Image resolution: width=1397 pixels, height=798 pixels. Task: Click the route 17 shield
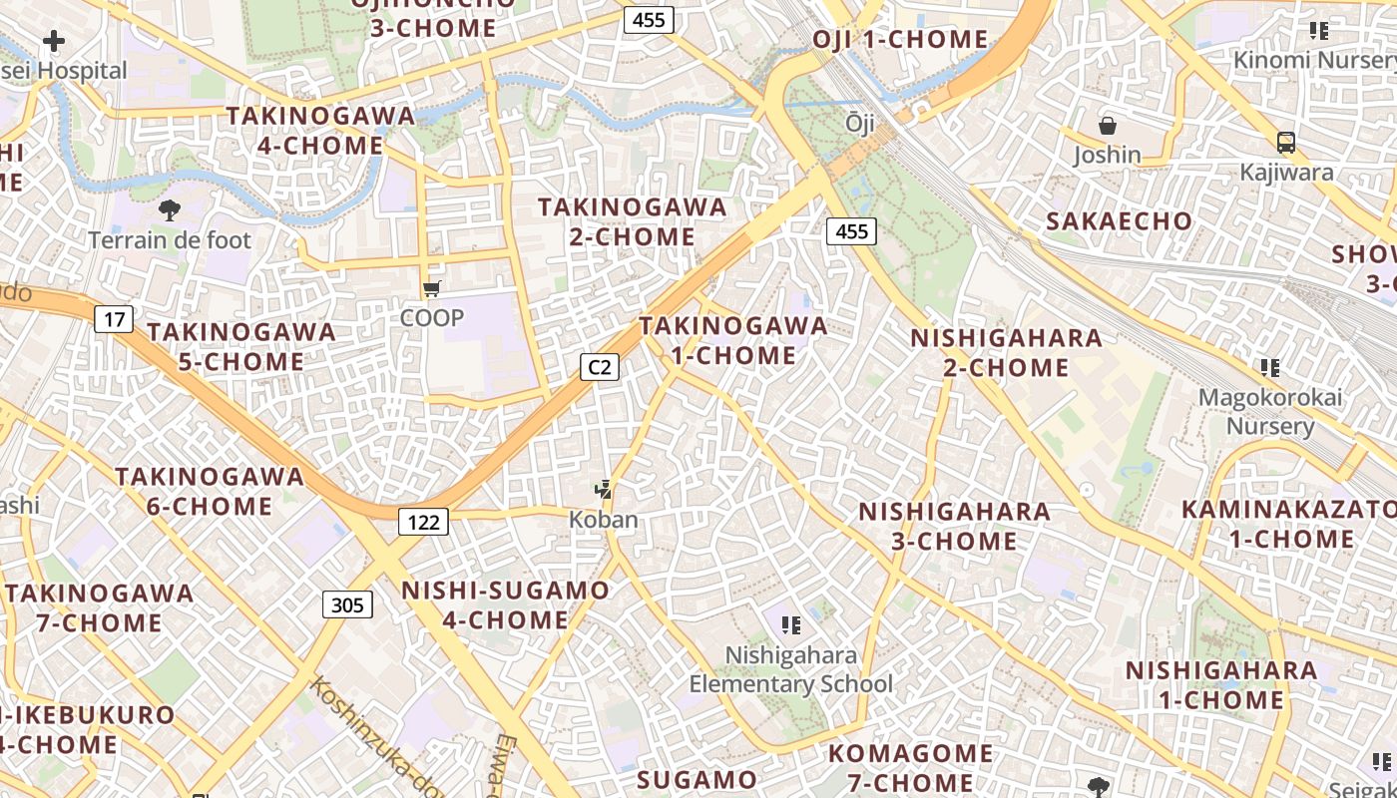point(115,319)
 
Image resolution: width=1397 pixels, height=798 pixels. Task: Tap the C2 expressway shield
point(599,367)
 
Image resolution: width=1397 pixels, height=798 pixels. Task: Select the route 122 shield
point(423,521)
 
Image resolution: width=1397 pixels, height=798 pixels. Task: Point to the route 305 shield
point(347,604)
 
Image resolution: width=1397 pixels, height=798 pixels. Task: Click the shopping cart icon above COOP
point(431,289)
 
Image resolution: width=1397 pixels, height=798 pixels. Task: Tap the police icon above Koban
point(602,490)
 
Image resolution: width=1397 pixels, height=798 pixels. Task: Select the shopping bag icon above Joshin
point(1107,126)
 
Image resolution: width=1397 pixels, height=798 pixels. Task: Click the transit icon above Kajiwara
point(1286,142)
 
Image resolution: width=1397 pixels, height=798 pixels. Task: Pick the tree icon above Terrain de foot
point(170,209)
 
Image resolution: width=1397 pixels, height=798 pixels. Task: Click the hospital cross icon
point(54,41)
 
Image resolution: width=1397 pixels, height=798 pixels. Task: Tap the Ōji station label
point(859,123)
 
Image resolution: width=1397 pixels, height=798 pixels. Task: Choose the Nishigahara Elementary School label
point(791,669)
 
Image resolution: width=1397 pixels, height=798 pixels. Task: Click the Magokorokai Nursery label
point(1270,411)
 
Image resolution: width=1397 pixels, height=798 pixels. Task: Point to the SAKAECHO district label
point(1119,221)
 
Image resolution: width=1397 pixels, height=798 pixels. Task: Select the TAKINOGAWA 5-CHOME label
point(241,346)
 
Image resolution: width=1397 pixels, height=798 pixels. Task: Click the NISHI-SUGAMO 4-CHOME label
point(505,604)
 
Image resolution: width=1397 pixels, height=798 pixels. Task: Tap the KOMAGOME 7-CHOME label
point(910,766)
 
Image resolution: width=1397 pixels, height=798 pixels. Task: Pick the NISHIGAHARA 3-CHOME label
point(954,526)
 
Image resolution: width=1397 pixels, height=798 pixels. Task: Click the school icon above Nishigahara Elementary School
point(791,625)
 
